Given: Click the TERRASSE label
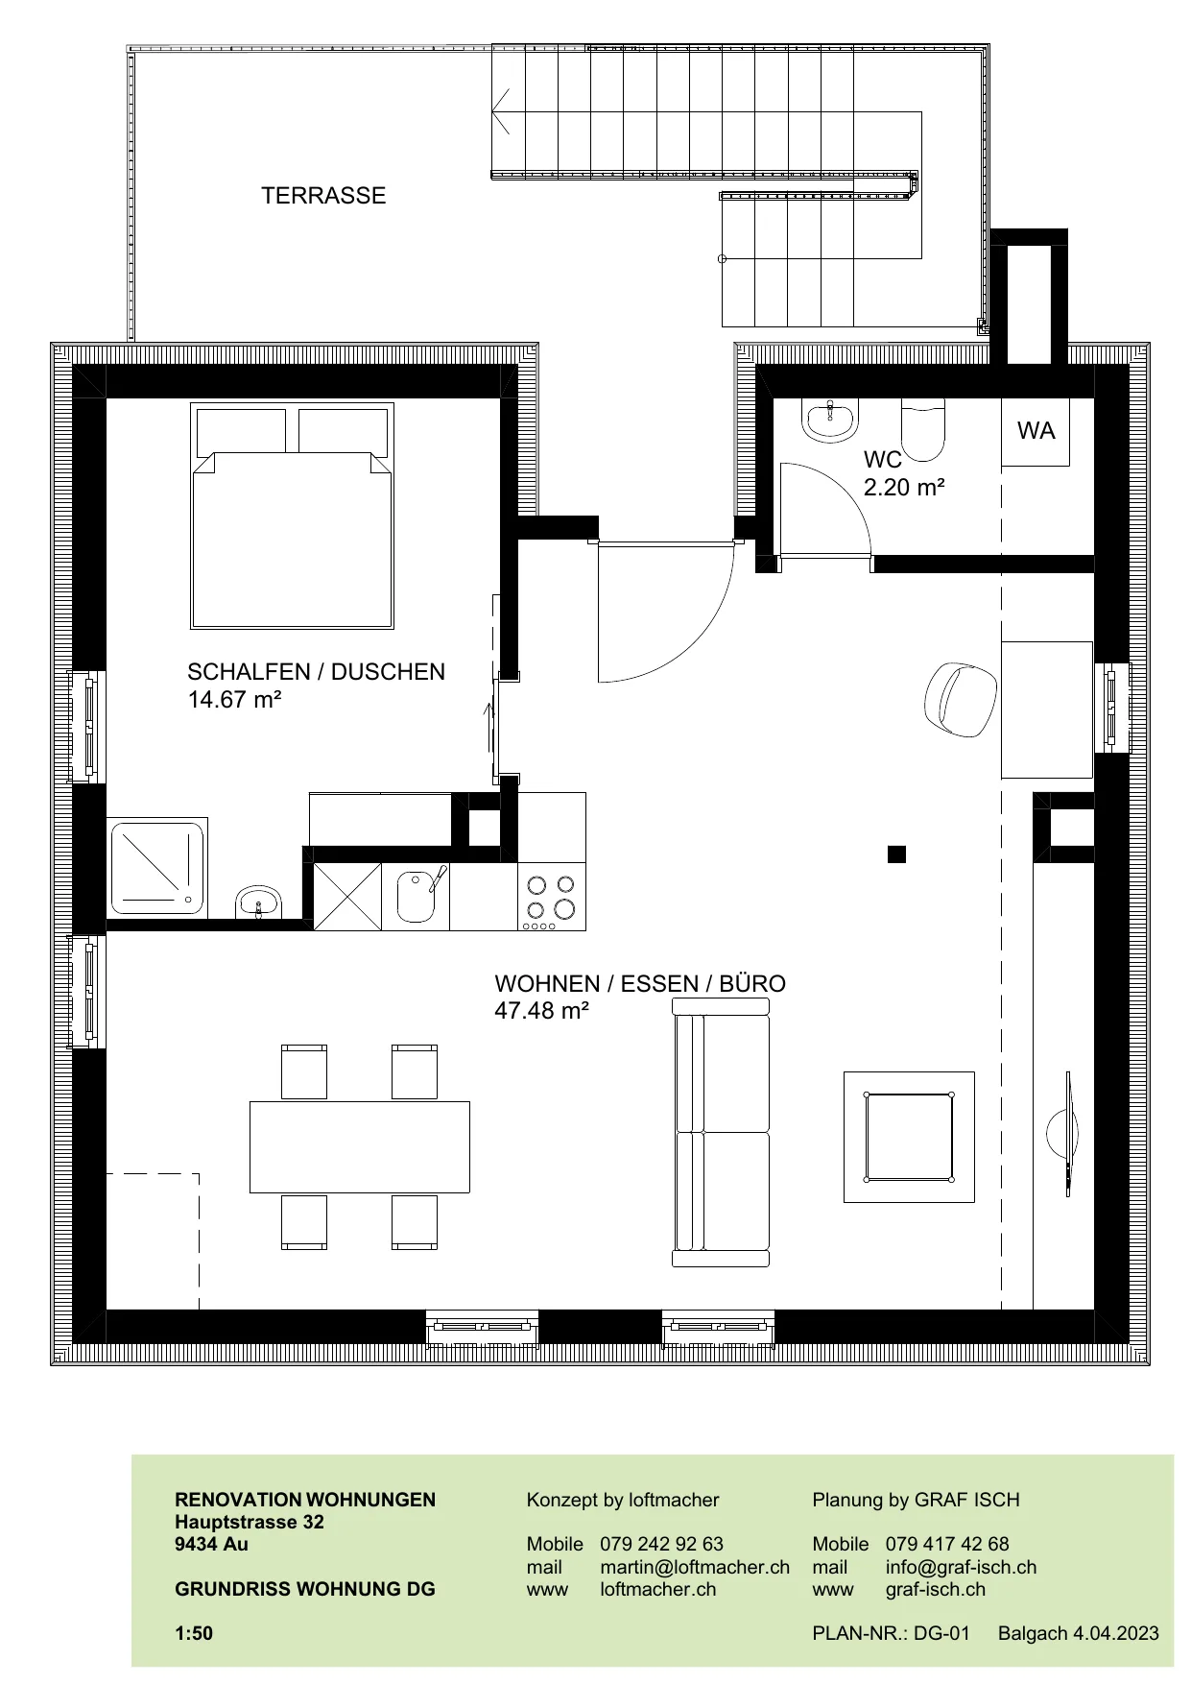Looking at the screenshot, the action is click(323, 196).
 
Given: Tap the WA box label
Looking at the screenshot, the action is click(1036, 431).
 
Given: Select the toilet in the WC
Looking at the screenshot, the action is click(923, 430).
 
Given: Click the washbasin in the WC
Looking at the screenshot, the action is click(830, 421).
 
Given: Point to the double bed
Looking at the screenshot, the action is click(293, 516).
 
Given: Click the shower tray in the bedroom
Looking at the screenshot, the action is click(157, 868).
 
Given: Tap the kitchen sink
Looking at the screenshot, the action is click(416, 896).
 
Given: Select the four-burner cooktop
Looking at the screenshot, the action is click(552, 898).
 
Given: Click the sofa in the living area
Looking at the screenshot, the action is click(721, 1133).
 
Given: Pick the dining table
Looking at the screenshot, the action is click(360, 1146).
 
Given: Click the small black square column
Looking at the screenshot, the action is click(896, 854).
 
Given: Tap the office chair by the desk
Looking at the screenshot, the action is click(961, 699).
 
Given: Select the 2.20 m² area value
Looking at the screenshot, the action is click(904, 488).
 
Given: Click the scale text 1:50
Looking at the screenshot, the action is click(194, 1633).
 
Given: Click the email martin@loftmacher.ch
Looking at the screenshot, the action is click(695, 1567).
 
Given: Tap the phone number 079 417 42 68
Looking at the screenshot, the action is click(947, 1544).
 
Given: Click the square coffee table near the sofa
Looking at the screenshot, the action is click(909, 1137).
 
